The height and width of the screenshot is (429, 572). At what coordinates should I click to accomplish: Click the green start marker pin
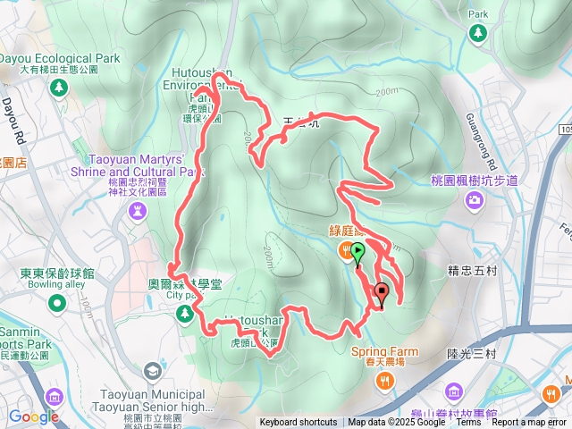357,252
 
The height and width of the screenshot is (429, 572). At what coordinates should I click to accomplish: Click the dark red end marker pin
382,292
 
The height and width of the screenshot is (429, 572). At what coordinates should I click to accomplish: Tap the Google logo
33,416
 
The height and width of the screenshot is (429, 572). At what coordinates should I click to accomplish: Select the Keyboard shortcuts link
299,423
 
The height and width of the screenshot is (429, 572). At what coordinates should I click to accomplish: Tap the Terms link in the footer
468,423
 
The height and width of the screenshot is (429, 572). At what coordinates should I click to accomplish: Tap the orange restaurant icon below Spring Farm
385,382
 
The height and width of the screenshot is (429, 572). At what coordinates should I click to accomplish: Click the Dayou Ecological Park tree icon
59,88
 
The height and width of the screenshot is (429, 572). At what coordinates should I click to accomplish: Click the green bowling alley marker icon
57,304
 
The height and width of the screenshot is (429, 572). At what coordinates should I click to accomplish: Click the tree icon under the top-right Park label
477,33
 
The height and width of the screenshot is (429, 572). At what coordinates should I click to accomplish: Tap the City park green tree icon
185,313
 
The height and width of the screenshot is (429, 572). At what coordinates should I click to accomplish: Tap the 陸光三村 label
471,354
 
